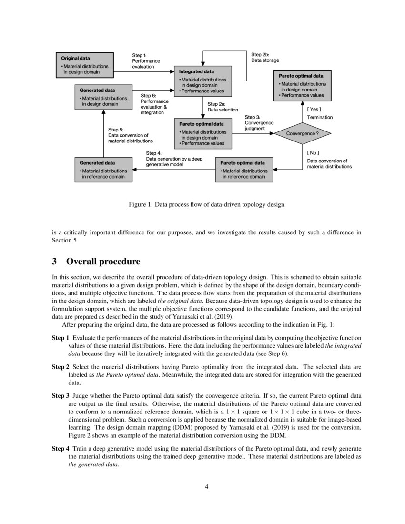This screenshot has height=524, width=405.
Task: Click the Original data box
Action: click(x=85, y=65)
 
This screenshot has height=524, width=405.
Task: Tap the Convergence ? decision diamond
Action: click(x=301, y=134)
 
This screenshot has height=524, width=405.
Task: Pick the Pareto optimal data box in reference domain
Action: click(x=244, y=170)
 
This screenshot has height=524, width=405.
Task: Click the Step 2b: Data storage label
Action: click(x=265, y=58)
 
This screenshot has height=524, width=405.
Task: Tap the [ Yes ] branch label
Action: click(x=314, y=109)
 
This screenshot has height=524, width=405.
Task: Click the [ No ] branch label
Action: click(x=313, y=153)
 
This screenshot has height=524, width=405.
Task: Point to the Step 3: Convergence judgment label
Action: click(x=259, y=122)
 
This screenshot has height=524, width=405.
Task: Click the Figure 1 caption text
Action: click(x=206, y=204)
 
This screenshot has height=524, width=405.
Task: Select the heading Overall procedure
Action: click(x=103, y=262)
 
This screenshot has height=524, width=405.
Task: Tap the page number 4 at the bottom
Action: click(x=206, y=486)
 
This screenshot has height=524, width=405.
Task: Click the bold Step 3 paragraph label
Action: click(x=61, y=395)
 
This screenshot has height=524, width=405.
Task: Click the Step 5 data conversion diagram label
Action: click(x=130, y=135)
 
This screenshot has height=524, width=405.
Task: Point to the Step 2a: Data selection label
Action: click(x=223, y=107)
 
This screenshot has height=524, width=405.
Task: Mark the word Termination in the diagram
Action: click(x=320, y=117)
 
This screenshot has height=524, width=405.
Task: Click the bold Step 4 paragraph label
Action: click(x=61, y=449)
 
